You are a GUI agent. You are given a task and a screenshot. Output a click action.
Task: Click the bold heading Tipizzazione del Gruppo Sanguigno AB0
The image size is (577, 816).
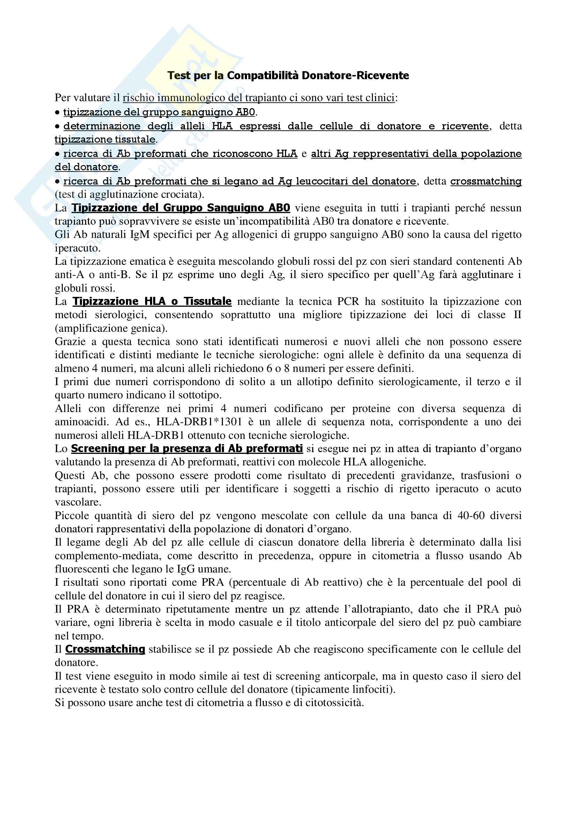click(181, 208)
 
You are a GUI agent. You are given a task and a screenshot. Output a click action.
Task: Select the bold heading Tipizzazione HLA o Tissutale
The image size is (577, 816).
click(152, 301)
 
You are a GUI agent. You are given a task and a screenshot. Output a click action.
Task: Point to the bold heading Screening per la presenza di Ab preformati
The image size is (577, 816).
click(187, 449)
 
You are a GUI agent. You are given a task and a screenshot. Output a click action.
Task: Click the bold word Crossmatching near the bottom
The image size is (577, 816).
click(105, 649)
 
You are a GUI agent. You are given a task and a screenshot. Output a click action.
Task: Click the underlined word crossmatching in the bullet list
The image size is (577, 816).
click(486, 181)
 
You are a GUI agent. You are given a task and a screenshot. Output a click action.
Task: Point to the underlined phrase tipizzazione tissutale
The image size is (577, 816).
click(105, 139)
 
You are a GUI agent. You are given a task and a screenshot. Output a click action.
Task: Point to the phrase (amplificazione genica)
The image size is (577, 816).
click(111, 328)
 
